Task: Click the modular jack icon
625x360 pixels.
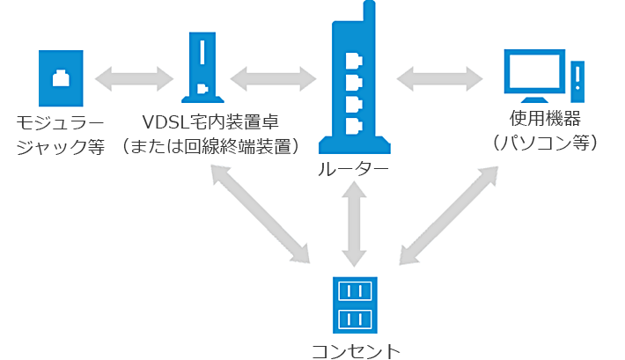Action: click(61, 77)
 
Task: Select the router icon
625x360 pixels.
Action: click(353, 88)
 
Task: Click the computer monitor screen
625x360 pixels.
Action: click(533, 71)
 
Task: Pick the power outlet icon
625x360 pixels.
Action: click(355, 305)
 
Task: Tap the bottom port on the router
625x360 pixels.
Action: click(354, 124)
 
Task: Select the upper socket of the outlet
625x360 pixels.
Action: click(355, 291)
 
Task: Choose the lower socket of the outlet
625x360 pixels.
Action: click(355, 318)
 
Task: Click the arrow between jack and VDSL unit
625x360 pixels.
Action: click(135, 77)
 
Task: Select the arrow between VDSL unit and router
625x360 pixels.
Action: click(274, 77)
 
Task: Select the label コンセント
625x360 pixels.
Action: click(355, 350)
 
